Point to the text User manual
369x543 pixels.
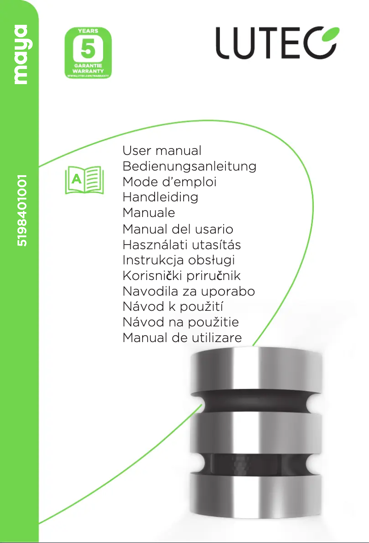tap(162, 151)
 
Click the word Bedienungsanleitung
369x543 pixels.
tap(189, 166)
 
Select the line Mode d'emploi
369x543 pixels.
tap(169, 182)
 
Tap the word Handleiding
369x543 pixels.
tap(160, 197)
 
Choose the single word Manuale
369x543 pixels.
tap(149, 213)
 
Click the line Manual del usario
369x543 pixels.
tap(178, 229)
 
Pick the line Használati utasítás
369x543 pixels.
tap(182, 245)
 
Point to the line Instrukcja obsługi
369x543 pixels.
tap(179, 260)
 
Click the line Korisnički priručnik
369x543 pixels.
tap(182, 276)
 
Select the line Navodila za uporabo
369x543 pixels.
tap(189, 292)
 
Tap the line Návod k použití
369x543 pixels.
tap(173, 307)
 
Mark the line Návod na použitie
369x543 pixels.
tap(180, 322)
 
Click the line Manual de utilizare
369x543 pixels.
tap(182, 338)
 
